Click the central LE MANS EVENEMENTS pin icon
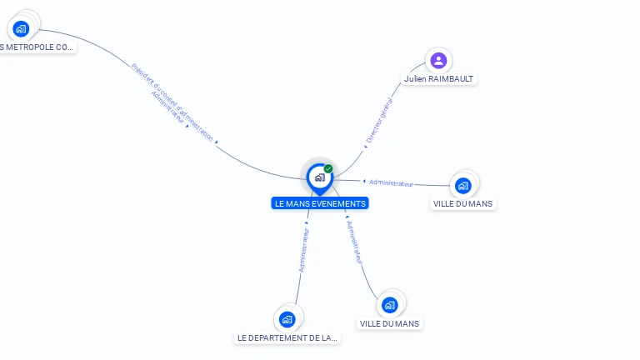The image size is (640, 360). pyautogui.click(x=318, y=177)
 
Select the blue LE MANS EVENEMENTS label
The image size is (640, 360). pyautogui.click(x=320, y=203)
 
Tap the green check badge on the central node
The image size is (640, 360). pyautogui.click(x=328, y=168)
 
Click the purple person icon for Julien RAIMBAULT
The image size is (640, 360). pyautogui.click(x=438, y=60)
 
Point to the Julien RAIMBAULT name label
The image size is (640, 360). pyautogui.click(x=438, y=79)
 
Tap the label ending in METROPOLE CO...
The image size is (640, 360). pyautogui.click(x=37, y=47)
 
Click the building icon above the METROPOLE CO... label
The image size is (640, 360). pyautogui.click(x=22, y=29)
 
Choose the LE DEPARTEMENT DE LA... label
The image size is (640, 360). pyautogui.click(x=287, y=338)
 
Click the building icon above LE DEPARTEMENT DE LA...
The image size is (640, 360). pyautogui.click(x=287, y=319)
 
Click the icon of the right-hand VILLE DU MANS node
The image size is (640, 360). pyautogui.click(x=463, y=185)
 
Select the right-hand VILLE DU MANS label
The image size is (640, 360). pyautogui.click(x=462, y=204)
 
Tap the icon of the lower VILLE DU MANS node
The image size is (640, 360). pyautogui.click(x=389, y=305)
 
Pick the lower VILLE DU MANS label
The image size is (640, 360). pyautogui.click(x=390, y=323)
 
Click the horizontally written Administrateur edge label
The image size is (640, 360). pyautogui.click(x=391, y=182)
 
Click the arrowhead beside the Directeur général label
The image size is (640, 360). pyautogui.click(x=365, y=146)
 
